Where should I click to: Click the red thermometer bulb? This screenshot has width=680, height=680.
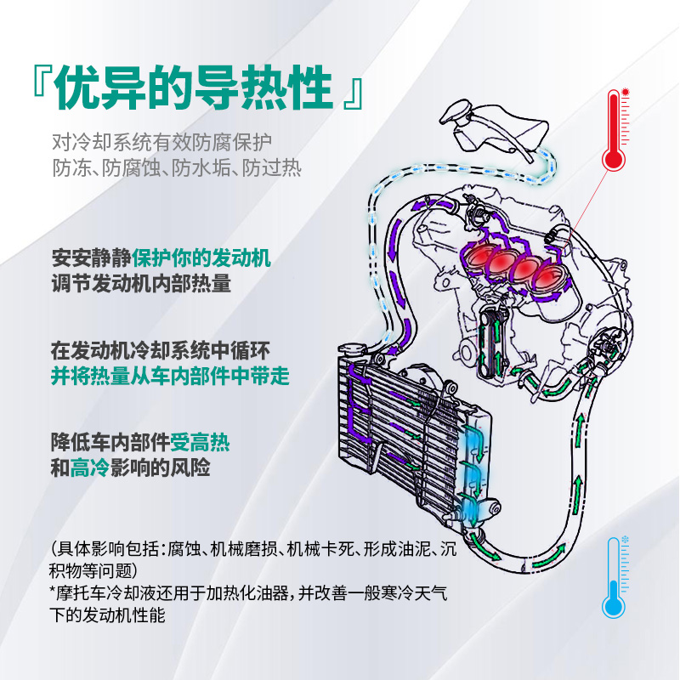pyautogui.click(x=614, y=159)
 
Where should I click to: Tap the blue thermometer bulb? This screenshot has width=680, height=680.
pyautogui.click(x=614, y=605)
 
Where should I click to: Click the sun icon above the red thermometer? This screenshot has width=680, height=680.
pyautogui.click(x=625, y=91)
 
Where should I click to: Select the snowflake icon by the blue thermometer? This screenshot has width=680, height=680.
pyautogui.click(x=627, y=539)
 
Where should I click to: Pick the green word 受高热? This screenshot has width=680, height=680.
pyautogui.click(x=200, y=442)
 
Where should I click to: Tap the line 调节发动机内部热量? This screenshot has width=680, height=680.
pyautogui.click(x=140, y=283)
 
